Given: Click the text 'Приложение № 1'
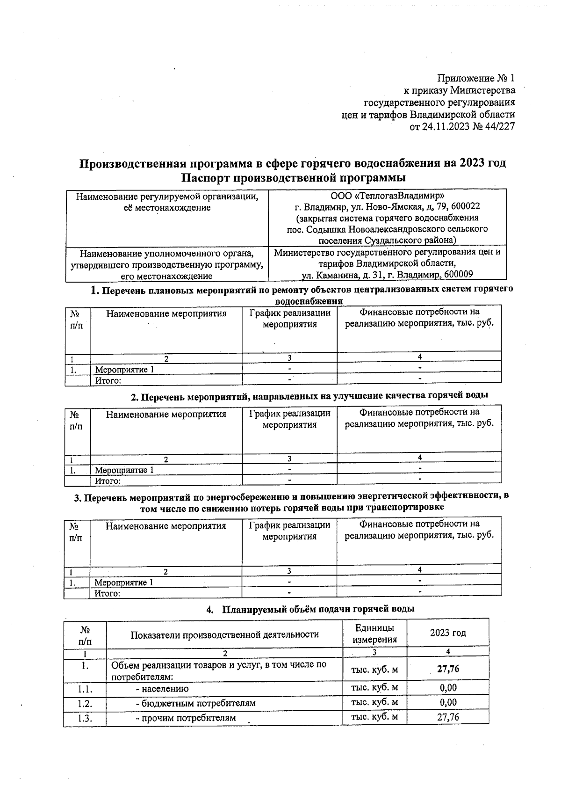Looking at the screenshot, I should coord(476,78).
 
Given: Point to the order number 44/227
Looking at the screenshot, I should coord(498,127).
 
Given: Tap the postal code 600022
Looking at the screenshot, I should coord(463,206).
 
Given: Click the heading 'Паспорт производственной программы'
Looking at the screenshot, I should coord(293,178).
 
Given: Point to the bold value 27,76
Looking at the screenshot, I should coord(447,669).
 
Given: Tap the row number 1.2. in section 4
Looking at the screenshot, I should coord(85,704).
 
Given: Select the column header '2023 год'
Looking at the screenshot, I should coord(447,633).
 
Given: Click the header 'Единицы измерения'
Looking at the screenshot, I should coord(374,634).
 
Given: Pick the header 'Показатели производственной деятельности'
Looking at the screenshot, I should coord(224,634).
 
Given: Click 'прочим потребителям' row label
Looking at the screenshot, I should coord(189,718).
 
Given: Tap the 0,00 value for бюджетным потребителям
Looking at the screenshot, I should coord(447,703).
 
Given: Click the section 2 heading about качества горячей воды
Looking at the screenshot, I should coord(309,396).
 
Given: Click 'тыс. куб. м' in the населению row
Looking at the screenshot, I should coord(374,688).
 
